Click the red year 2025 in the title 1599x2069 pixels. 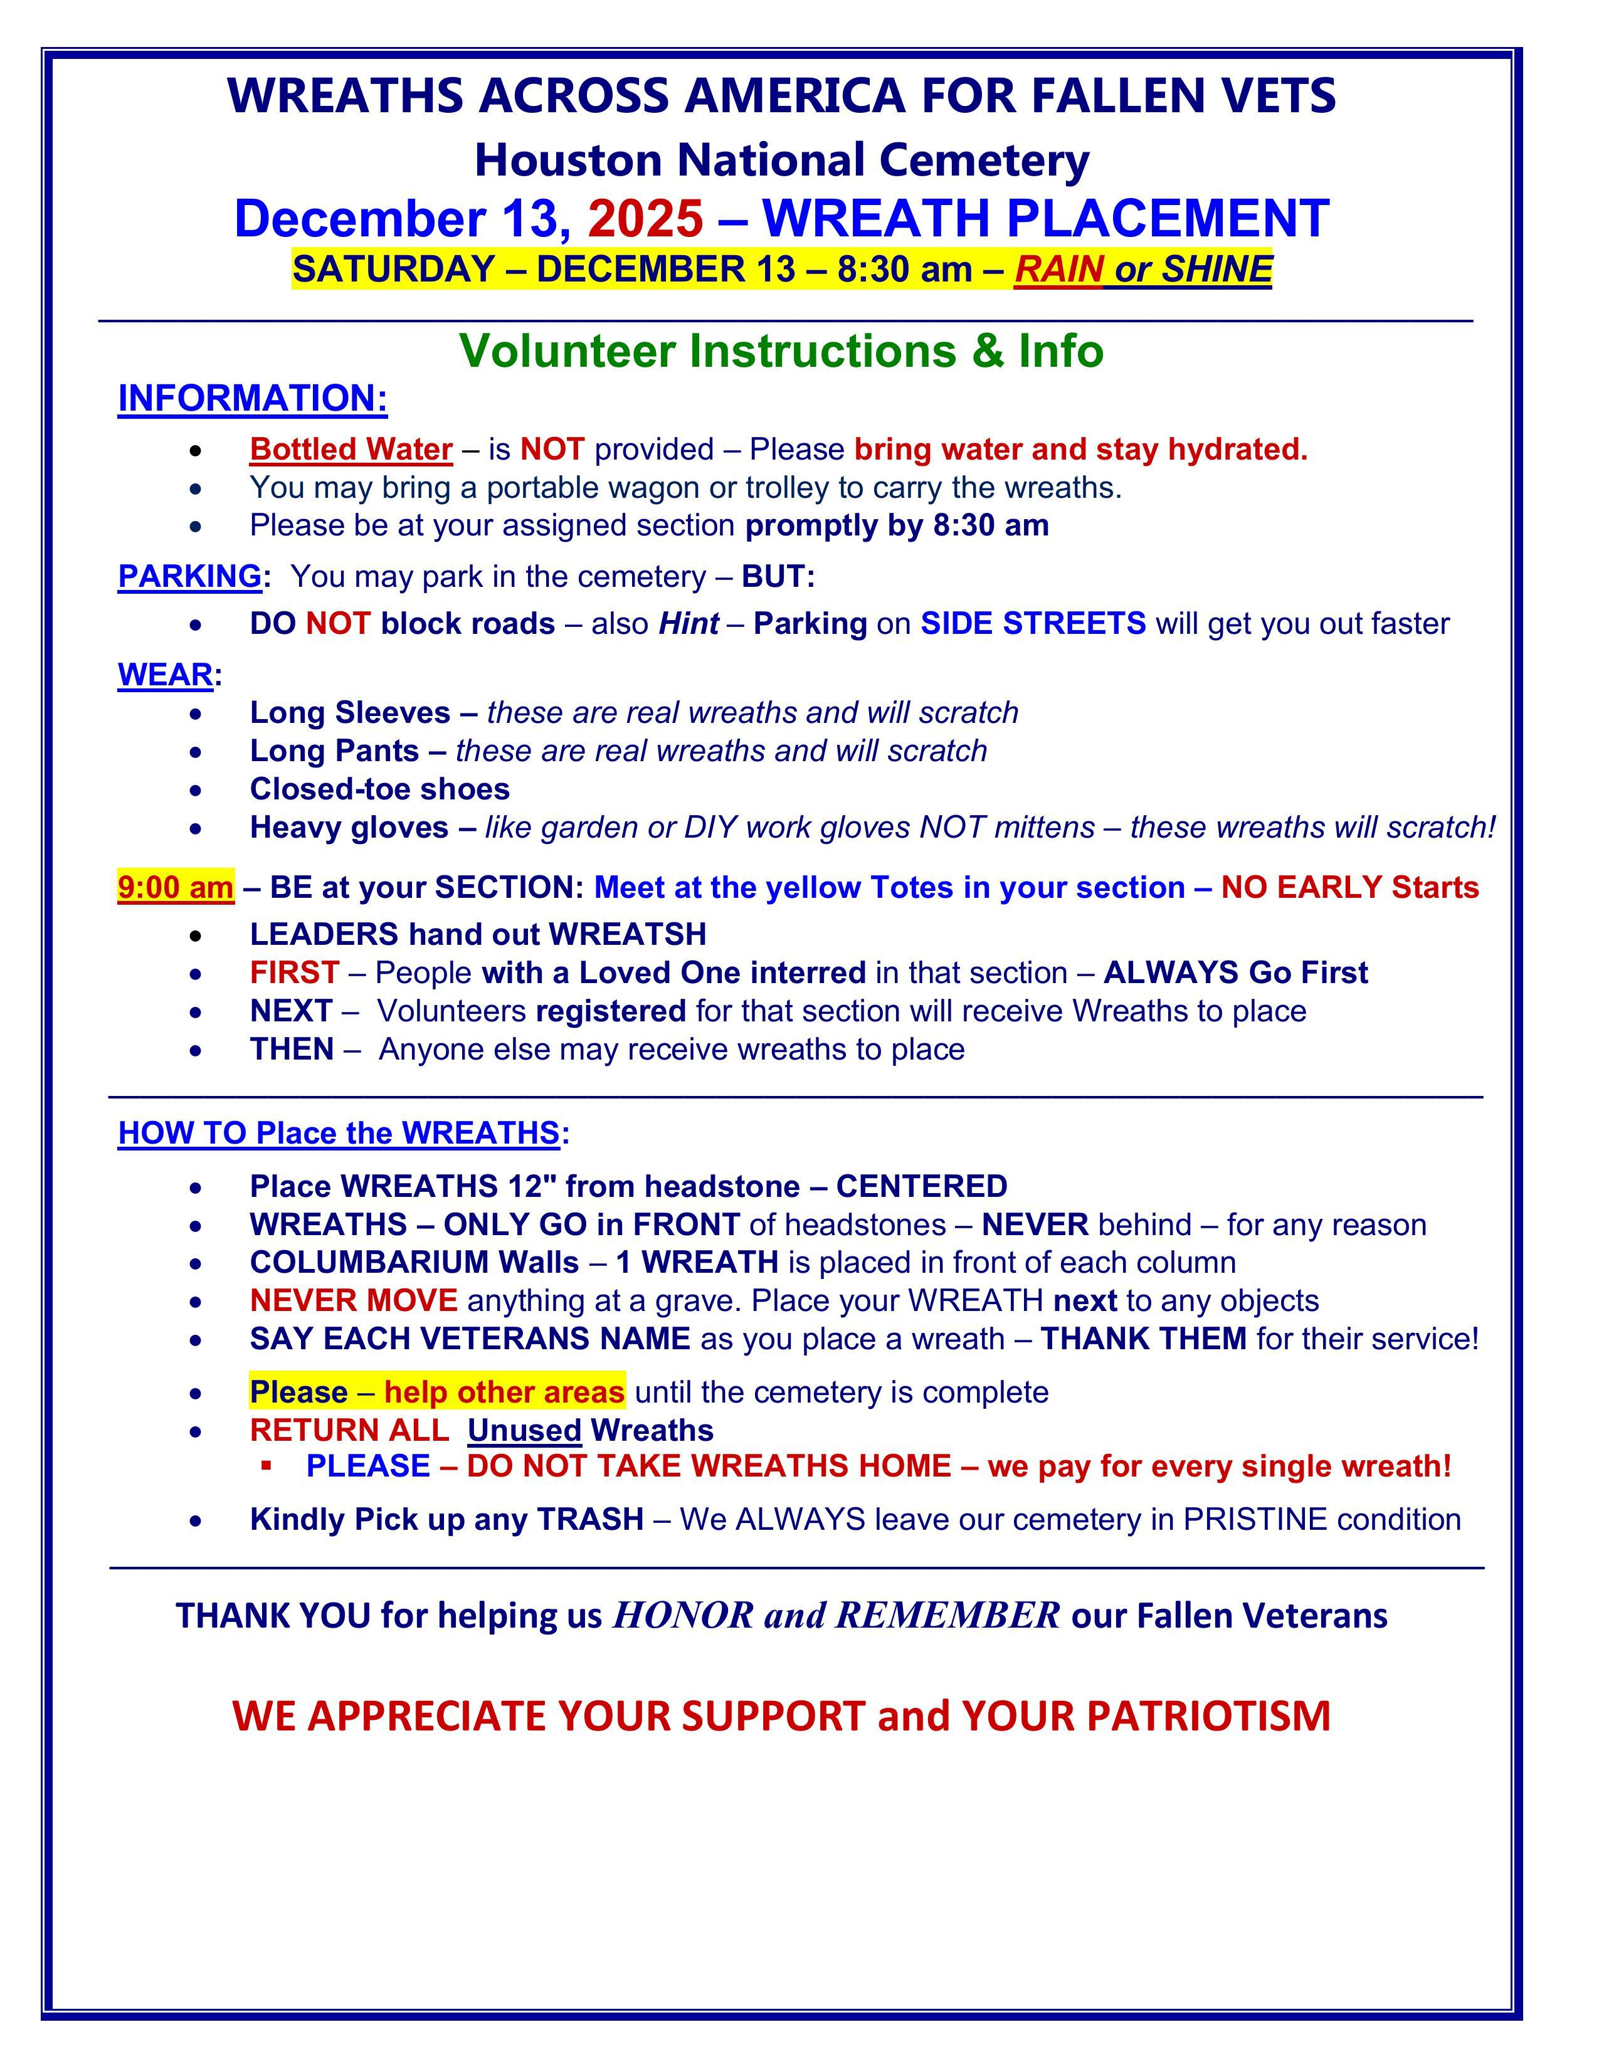click(645, 218)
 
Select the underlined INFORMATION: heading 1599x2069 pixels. click(252, 398)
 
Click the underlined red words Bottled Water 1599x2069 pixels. click(351, 449)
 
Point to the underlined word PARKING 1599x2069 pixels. click(189, 576)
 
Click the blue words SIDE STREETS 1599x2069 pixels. click(1033, 623)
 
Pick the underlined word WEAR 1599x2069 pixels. click(165, 675)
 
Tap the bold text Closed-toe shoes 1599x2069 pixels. click(379, 789)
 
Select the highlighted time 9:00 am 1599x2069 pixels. click(175, 888)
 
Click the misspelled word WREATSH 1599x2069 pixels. click(627, 934)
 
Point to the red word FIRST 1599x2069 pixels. click(293, 973)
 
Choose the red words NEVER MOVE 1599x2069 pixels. click(353, 1301)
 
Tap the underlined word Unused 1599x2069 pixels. click(524, 1431)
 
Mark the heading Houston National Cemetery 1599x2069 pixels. click(781, 159)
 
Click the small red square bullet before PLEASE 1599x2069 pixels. click(267, 1466)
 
